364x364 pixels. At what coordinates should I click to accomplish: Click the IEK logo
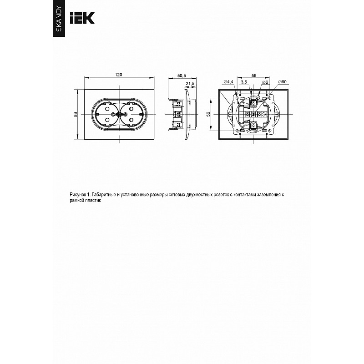click(82, 18)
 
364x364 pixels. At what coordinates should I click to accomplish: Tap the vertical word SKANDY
click(59, 19)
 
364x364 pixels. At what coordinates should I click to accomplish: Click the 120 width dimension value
click(118, 75)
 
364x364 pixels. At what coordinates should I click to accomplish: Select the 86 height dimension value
click(76, 114)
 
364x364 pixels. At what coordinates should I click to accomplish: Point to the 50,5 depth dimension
click(182, 76)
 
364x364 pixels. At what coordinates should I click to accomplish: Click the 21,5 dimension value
click(190, 84)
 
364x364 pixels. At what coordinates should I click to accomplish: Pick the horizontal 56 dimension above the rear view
click(254, 76)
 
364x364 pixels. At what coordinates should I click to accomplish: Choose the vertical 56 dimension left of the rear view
click(208, 114)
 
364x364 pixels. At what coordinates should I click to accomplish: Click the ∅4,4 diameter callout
click(228, 82)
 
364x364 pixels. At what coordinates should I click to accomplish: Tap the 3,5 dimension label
click(244, 82)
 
